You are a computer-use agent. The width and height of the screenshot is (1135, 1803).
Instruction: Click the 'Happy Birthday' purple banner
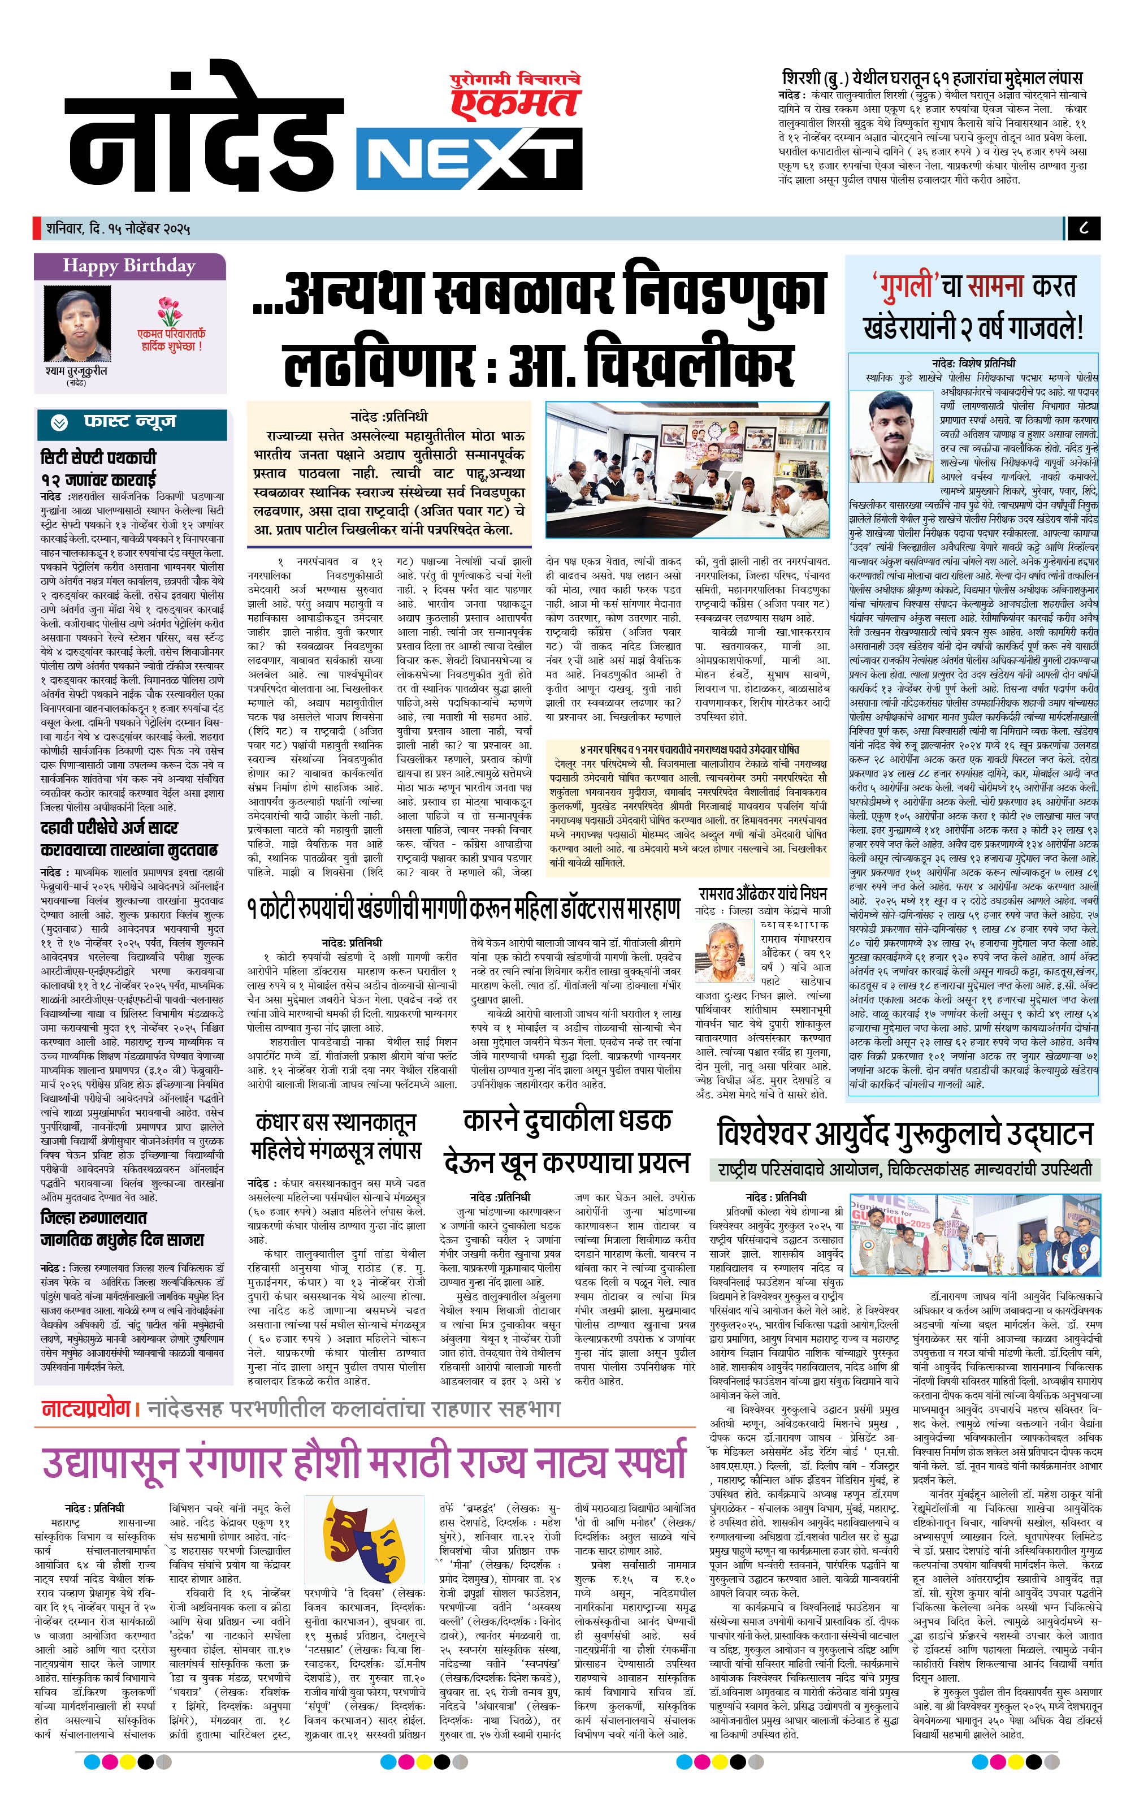tap(129, 266)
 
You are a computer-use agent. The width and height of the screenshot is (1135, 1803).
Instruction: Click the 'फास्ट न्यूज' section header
tap(129, 422)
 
